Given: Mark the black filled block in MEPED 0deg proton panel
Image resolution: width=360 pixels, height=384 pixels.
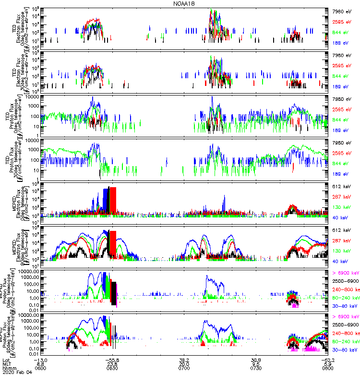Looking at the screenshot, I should click(114, 293).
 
